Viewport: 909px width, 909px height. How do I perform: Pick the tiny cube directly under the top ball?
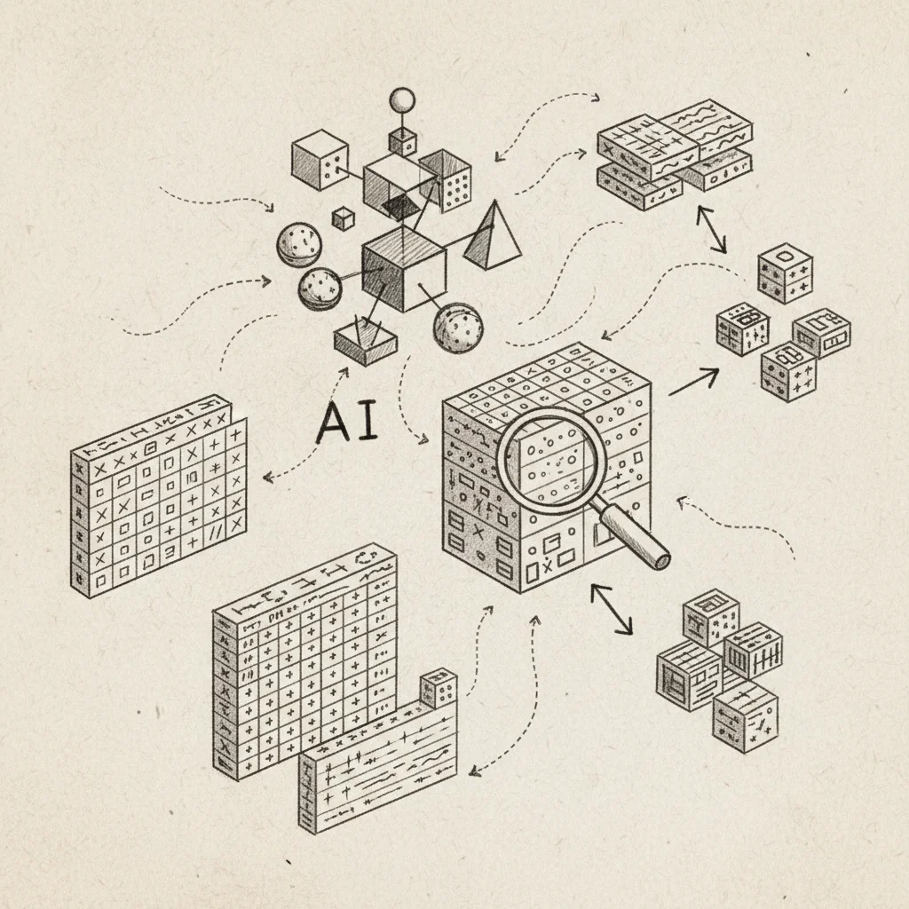pyautogui.click(x=402, y=142)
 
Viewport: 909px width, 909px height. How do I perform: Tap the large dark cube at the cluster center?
pyautogui.click(x=404, y=268)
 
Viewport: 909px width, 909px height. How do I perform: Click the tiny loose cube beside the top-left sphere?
pyautogui.click(x=343, y=219)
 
